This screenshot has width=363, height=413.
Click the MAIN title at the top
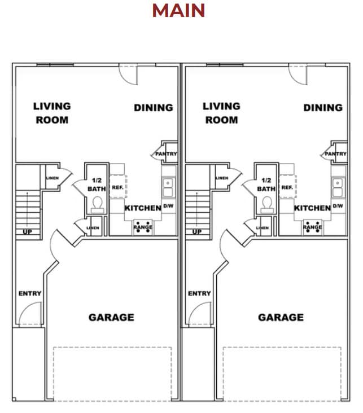pyautogui.click(x=178, y=10)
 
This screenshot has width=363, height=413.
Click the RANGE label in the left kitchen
pyautogui.click(x=143, y=227)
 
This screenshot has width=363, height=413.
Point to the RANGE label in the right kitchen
pyautogui.click(x=312, y=227)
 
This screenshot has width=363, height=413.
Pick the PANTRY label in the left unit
pyautogui.click(x=166, y=153)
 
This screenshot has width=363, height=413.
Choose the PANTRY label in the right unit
pyautogui.click(x=335, y=153)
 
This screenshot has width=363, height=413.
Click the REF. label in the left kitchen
pyautogui.click(x=117, y=187)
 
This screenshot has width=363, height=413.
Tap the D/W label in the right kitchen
pyautogui.click(x=338, y=206)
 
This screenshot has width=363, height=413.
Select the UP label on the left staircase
pyautogui.click(x=27, y=231)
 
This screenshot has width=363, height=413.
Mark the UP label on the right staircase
pyautogui.click(x=196, y=231)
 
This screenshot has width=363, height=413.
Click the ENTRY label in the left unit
pyautogui.click(x=30, y=293)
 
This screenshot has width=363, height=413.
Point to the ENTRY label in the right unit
pyautogui.click(x=199, y=293)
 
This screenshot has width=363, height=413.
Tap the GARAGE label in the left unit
pyautogui.click(x=111, y=317)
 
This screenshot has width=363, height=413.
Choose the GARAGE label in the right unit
pyautogui.click(x=281, y=317)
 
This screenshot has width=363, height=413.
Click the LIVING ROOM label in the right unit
pyautogui.click(x=221, y=113)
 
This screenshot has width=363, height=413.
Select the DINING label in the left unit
pyautogui.click(x=154, y=107)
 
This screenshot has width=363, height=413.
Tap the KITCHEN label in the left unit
pyautogui.click(x=143, y=208)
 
